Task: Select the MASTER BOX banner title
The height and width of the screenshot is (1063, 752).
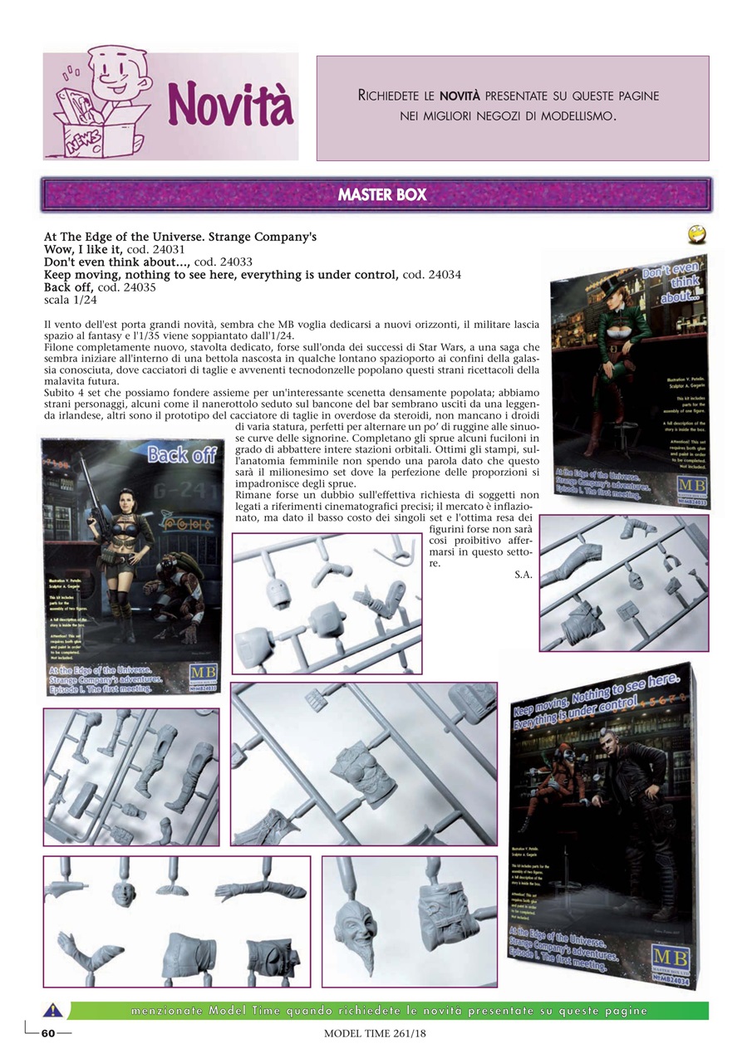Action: [x=381, y=195]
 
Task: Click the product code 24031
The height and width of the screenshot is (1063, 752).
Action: [x=166, y=248]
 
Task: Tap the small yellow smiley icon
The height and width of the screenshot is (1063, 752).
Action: [x=697, y=235]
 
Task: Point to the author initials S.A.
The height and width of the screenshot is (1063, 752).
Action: [x=523, y=574]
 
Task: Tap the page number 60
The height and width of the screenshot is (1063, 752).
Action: [x=48, y=1033]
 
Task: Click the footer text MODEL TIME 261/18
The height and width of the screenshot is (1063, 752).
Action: [x=375, y=1034]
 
